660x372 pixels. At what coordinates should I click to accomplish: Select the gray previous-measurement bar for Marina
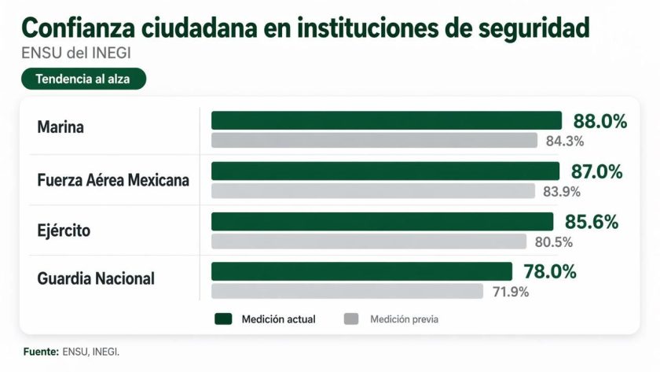(374, 141)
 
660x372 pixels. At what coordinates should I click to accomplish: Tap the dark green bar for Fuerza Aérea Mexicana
(385, 171)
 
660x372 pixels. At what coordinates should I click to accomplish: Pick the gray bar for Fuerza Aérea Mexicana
(372, 191)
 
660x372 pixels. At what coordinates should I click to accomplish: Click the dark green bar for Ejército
(383, 221)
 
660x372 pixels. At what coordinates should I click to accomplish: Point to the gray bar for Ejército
(368, 241)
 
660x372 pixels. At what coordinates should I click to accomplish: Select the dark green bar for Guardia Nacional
(361, 271)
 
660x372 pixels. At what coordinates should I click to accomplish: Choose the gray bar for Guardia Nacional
(346, 291)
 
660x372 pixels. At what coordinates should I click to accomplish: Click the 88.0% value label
(599, 121)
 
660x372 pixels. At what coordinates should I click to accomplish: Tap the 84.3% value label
(565, 142)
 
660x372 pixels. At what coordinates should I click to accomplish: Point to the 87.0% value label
(596, 171)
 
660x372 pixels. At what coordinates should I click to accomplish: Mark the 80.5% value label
(553, 241)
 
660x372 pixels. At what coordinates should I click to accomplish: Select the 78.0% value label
(550, 272)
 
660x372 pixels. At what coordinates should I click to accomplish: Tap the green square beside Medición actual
(223, 319)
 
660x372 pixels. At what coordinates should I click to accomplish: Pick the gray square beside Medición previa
(351, 319)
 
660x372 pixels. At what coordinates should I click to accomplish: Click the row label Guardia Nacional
(96, 278)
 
